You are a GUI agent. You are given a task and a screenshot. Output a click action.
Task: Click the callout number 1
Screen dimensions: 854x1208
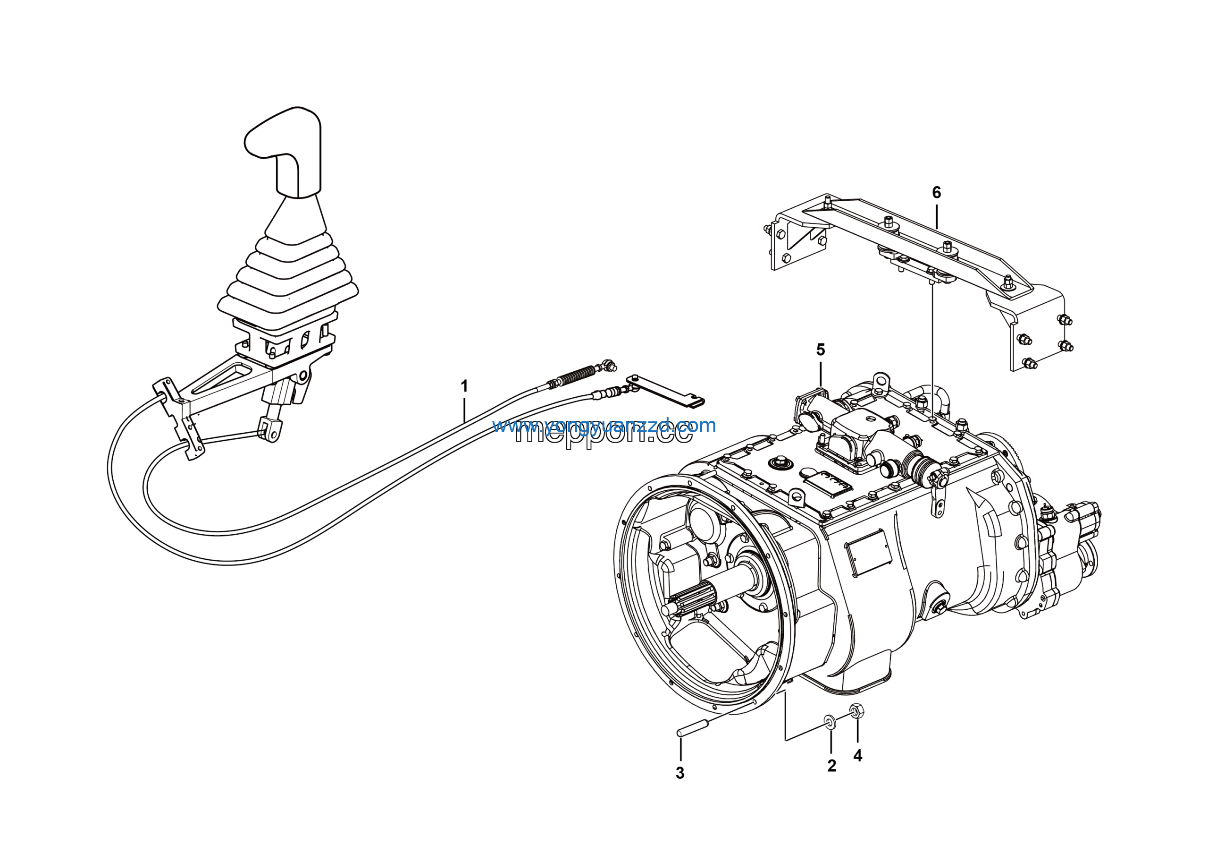click(464, 386)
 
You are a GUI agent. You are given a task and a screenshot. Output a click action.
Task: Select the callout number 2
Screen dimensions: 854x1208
click(831, 766)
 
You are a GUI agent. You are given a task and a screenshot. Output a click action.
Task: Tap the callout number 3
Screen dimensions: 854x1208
click(680, 773)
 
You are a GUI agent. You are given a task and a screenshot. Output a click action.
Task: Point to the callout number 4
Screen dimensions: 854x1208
click(857, 756)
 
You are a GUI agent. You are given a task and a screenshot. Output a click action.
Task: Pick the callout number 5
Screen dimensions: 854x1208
click(821, 350)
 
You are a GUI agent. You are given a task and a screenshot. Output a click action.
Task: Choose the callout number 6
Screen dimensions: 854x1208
click(937, 193)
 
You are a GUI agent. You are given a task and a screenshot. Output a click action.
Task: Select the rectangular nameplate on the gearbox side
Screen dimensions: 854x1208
click(868, 552)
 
